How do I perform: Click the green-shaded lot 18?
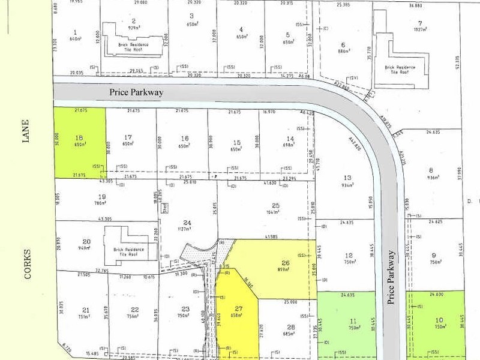(80, 142)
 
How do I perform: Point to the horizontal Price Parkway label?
(137, 93)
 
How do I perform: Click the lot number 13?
(346, 178)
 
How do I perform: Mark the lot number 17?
(127, 137)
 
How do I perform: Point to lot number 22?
(134, 310)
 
